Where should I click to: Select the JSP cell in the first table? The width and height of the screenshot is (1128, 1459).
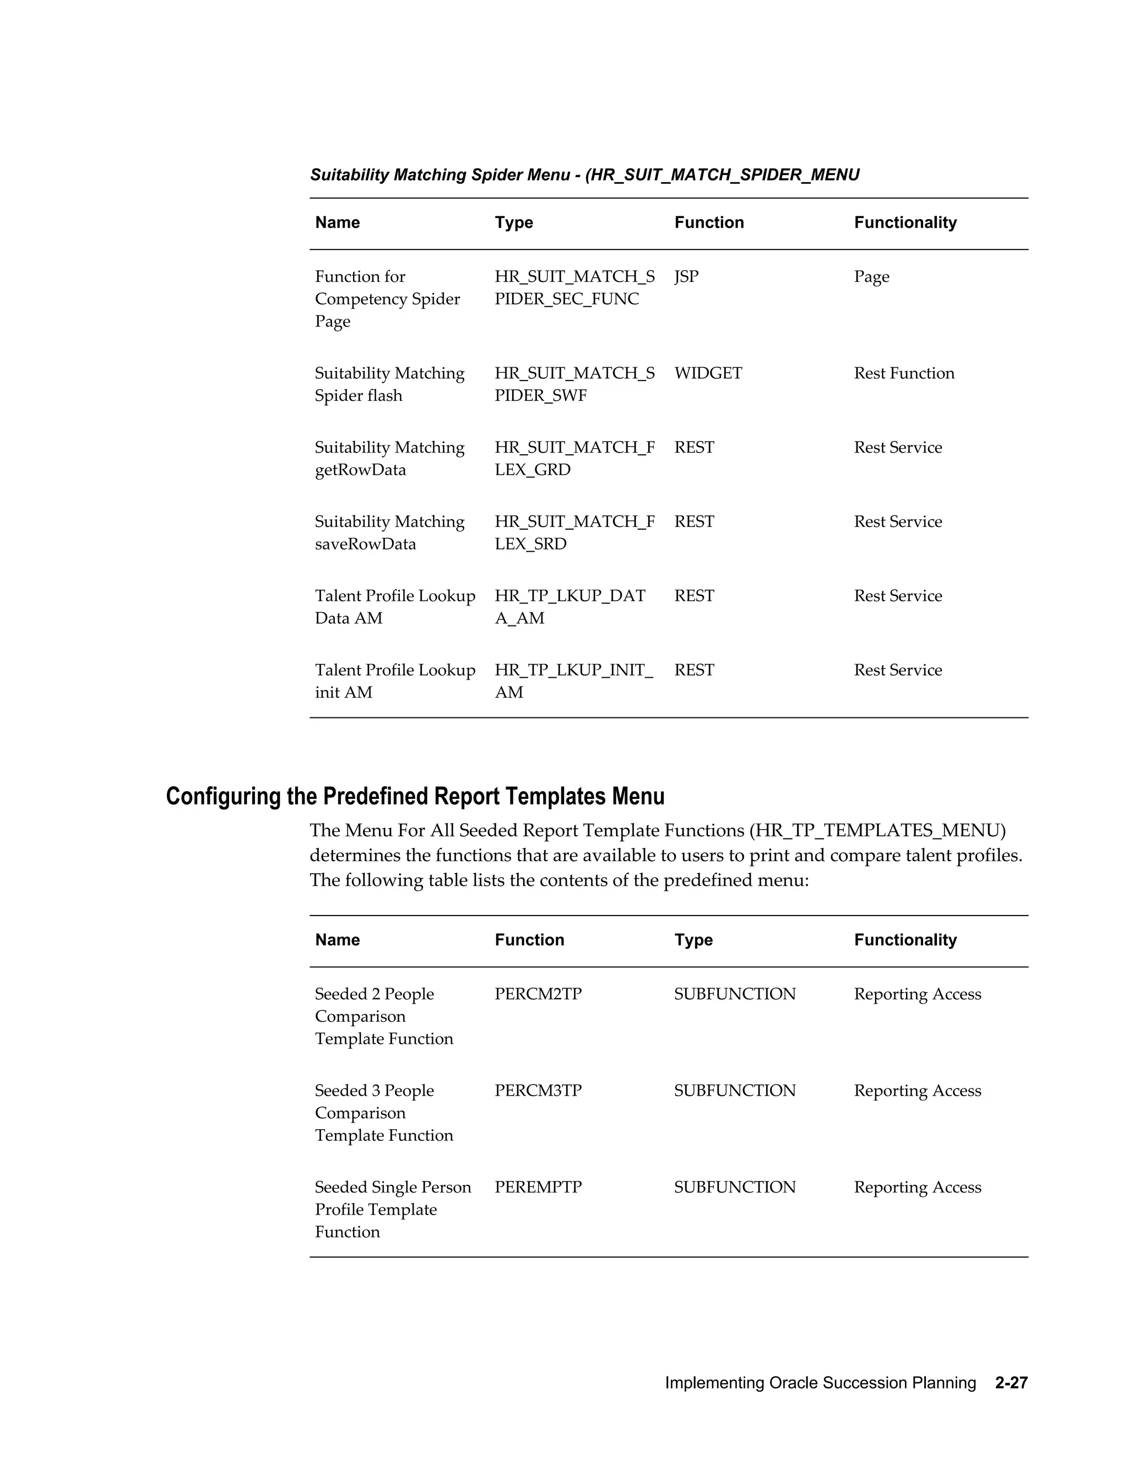(x=686, y=276)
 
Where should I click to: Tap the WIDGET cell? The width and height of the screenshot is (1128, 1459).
(x=708, y=373)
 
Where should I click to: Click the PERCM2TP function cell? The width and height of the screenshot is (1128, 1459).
(x=538, y=994)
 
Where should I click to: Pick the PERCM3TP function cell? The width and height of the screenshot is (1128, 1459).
(x=538, y=1091)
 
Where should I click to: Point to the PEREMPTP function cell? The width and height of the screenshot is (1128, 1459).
(x=538, y=1187)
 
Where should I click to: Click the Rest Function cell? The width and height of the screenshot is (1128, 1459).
(x=903, y=373)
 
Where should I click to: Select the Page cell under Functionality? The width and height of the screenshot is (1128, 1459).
(x=871, y=276)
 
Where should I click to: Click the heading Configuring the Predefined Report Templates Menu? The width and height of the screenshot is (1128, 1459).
(x=415, y=796)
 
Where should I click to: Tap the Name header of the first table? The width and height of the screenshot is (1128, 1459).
(x=338, y=222)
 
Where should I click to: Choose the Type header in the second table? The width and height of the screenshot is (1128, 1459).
(x=693, y=940)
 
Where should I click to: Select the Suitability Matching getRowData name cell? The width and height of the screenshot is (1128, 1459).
(x=389, y=458)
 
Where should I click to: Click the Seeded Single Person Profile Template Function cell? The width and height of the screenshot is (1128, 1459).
(x=392, y=1209)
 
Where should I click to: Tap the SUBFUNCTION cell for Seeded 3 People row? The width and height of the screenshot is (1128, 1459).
(x=734, y=1091)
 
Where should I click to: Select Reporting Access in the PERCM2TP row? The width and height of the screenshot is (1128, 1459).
(x=917, y=994)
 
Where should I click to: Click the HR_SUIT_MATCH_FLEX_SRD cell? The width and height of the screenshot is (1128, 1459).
(x=574, y=532)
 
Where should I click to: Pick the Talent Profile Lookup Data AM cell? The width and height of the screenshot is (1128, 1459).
(x=394, y=607)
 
